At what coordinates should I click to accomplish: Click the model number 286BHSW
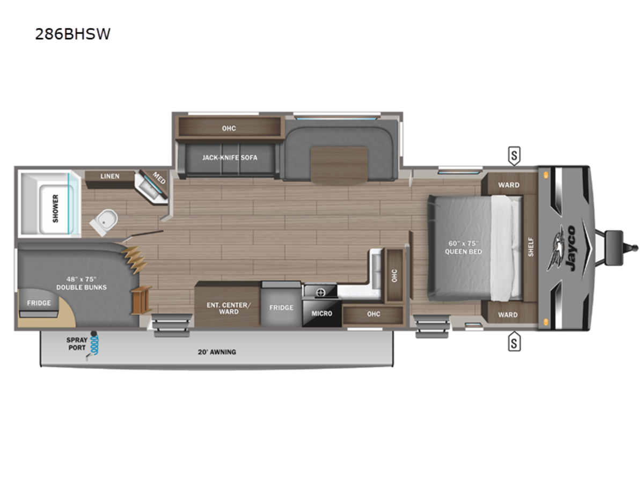[x=73, y=34]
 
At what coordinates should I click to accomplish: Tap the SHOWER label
[x=55, y=209]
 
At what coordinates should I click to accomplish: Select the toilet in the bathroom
[x=104, y=222]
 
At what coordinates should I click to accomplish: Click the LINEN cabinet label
[x=109, y=176]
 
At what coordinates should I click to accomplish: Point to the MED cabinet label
[x=159, y=178]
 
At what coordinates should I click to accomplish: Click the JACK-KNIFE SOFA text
[x=230, y=157]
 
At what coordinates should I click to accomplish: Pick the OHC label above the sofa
[x=229, y=128]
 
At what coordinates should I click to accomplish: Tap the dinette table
[x=339, y=165]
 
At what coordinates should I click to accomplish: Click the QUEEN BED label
[x=463, y=251]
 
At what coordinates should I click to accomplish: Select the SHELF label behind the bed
[x=531, y=247]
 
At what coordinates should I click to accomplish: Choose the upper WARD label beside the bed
[x=509, y=185]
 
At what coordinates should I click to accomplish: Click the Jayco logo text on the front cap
[x=570, y=248]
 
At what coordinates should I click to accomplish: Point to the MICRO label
[x=322, y=313]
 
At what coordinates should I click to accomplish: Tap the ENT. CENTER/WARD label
[x=229, y=308]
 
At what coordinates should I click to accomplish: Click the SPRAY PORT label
[x=77, y=343]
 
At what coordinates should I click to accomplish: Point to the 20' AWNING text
[x=217, y=352]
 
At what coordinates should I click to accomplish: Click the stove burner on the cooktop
[x=320, y=292]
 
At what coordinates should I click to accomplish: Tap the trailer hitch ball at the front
[x=635, y=248]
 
